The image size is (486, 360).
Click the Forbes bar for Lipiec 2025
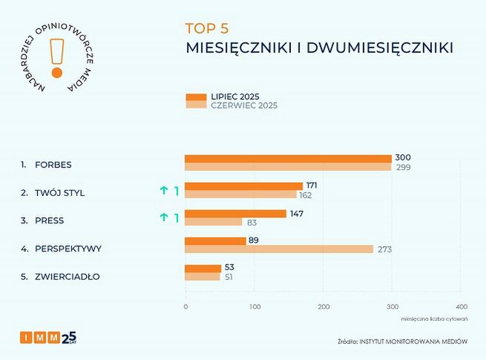[288, 158]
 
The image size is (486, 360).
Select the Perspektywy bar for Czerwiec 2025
[278, 249]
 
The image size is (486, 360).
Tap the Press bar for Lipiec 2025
[235, 214]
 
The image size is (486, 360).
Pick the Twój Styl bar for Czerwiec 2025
[240, 194]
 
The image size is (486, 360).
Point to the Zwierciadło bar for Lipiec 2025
[203, 268]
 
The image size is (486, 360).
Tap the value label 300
[403, 158]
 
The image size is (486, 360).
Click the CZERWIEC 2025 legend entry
[231, 105]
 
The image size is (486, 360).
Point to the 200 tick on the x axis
[324, 307]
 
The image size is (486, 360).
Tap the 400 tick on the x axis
[462, 307]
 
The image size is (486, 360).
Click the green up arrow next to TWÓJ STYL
[164, 191]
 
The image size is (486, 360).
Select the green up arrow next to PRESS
[164, 217]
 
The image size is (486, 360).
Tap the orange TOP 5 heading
[207, 30]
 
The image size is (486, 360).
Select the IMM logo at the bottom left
[47, 338]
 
